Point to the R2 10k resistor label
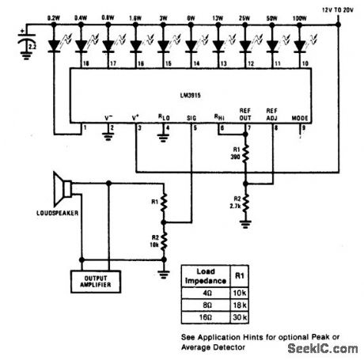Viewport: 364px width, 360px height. (154, 241)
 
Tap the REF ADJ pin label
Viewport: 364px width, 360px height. (272, 112)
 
